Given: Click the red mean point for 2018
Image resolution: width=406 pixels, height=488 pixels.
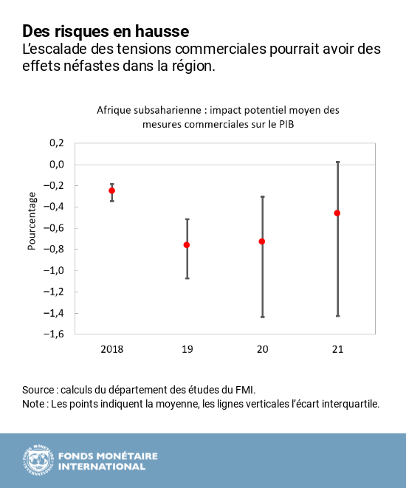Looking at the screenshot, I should [112, 190].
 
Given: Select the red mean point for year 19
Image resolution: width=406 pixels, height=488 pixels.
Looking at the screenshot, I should [187, 244].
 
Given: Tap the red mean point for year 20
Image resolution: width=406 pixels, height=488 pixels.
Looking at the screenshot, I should [262, 241].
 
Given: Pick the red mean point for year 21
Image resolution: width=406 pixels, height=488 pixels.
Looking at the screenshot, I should [337, 213].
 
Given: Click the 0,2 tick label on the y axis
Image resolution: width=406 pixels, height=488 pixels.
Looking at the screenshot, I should [57, 143].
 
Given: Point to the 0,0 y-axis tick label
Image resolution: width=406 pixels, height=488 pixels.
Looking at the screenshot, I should [57, 164].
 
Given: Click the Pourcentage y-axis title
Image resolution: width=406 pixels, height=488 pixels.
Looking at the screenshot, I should [32, 221].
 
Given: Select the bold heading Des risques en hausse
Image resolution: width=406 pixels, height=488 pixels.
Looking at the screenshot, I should [106, 31].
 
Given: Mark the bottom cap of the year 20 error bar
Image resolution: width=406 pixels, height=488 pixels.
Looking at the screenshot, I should [262, 317].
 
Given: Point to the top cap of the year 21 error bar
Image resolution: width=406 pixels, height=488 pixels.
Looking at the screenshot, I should [337, 162].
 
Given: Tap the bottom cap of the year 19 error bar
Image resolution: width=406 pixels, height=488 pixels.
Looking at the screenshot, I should [187, 278].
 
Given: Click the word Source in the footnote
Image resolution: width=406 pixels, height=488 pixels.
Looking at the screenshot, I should [38, 389].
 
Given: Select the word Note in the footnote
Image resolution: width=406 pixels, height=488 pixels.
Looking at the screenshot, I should [34, 404].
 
